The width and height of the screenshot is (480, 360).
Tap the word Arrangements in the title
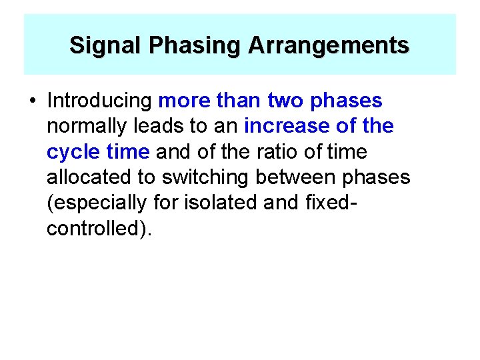pyautogui.click(x=329, y=45)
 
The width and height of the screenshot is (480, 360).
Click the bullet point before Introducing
pyautogui.click(x=31, y=101)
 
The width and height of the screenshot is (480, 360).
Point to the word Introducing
pyautogui.click(x=100, y=101)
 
